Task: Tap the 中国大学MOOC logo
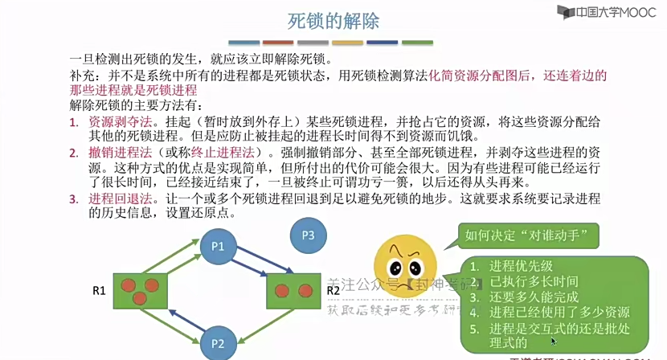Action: click(x=604, y=12)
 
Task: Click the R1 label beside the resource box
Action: click(x=99, y=290)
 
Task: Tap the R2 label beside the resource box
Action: click(x=333, y=290)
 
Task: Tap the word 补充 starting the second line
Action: click(x=83, y=75)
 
